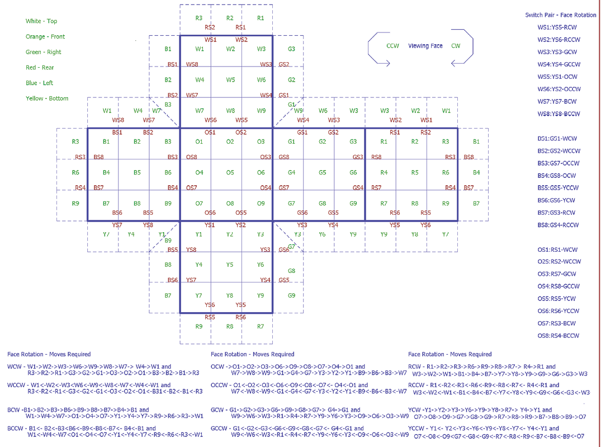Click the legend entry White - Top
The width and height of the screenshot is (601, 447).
tap(41, 21)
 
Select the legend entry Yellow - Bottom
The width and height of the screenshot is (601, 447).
tap(47, 98)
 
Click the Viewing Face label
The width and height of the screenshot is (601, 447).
tap(425, 46)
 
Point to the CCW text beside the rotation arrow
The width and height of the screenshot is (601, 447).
tap(392, 46)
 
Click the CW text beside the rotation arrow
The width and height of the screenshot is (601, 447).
tap(456, 46)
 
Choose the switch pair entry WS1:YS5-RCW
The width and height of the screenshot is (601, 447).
tap(556, 27)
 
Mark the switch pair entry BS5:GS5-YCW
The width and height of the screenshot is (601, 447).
tap(556, 188)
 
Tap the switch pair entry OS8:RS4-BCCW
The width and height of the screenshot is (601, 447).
tap(558, 336)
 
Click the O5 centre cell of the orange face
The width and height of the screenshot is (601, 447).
tap(230, 172)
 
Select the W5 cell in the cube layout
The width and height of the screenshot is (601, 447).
tap(230, 80)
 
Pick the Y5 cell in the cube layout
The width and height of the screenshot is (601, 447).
tap(230, 265)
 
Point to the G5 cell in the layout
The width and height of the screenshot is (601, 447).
tap(323, 172)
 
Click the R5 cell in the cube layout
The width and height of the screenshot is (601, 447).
tap(415, 172)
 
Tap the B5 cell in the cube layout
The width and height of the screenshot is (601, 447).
tap(138, 172)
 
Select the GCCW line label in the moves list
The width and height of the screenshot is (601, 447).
tap(220, 429)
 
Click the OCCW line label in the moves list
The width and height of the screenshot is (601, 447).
tap(220, 385)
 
